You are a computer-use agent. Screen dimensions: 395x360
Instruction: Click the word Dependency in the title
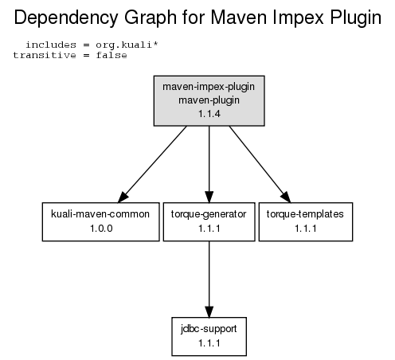66,18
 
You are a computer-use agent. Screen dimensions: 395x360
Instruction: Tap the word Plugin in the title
356,18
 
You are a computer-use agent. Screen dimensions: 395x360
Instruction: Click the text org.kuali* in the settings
127,45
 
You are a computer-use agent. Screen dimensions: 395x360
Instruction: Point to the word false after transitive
111,55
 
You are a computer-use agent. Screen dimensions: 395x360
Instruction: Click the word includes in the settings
51,45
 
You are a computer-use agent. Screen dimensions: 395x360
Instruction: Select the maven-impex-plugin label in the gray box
209,87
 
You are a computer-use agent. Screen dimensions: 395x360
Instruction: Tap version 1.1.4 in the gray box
209,114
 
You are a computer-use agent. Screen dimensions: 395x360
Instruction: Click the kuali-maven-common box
101,221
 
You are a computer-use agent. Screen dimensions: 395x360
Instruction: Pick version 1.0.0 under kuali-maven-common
101,229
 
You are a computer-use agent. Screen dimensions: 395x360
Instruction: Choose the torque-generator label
209,214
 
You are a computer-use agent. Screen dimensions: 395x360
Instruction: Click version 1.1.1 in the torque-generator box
209,229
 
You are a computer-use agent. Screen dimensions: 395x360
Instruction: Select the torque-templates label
305,214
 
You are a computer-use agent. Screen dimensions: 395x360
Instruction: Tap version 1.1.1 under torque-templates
306,229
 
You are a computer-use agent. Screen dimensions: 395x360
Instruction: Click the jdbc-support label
209,329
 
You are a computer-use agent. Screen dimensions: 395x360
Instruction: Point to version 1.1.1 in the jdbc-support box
209,343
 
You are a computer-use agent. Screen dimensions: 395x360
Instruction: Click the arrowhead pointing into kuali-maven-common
123,197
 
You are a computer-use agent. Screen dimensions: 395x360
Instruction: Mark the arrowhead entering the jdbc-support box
209,311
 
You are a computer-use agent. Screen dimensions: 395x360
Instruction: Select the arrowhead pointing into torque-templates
286,197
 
